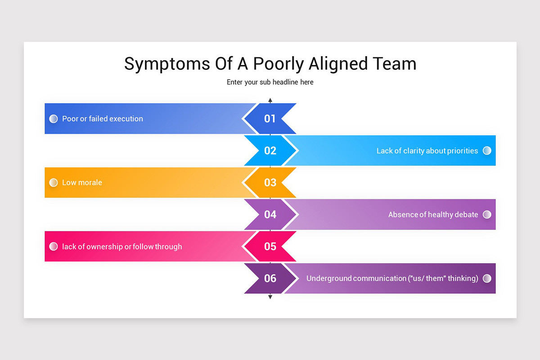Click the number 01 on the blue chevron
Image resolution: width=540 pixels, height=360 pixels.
270,119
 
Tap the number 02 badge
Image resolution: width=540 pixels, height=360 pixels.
270,151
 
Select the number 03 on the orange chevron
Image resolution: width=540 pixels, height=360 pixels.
270,183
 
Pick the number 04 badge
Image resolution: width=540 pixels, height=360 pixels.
270,215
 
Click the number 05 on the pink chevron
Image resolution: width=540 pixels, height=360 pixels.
270,247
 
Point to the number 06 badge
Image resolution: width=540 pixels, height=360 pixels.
270,279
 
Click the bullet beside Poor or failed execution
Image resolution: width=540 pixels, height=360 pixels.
54,119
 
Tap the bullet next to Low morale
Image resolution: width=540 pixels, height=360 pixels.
54,183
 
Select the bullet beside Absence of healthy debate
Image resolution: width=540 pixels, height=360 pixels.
487,215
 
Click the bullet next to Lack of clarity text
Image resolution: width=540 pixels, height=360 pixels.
487,151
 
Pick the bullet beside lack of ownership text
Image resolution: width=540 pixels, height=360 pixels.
54,247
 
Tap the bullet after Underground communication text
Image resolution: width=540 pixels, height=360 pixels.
487,279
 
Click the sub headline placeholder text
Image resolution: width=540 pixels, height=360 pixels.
270,82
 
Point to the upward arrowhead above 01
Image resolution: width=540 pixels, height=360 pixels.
270,100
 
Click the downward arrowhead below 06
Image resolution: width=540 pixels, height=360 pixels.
270,297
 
